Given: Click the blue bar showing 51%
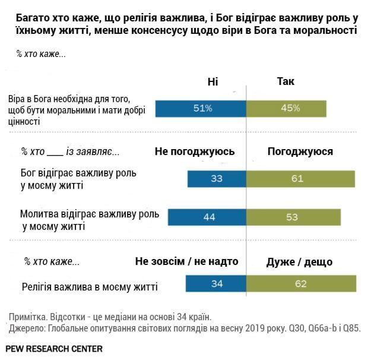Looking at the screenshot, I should (x=201, y=108).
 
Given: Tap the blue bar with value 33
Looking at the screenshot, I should (x=216, y=179).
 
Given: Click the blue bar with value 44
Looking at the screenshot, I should (x=207, y=217).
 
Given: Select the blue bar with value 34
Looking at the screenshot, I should (x=216, y=284).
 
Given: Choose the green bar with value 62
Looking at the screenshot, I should (x=301, y=284).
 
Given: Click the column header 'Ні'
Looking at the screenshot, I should (x=213, y=82).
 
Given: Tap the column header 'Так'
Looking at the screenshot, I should (x=286, y=82).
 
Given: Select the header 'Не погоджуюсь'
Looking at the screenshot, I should (x=195, y=151).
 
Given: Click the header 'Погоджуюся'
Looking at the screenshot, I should (x=300, y=151).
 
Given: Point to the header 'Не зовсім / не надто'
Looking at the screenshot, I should (x=186, y=261).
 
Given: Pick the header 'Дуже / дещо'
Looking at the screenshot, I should (x=300, y=261).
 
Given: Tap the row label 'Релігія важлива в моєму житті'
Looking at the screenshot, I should (x=90, y=287).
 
